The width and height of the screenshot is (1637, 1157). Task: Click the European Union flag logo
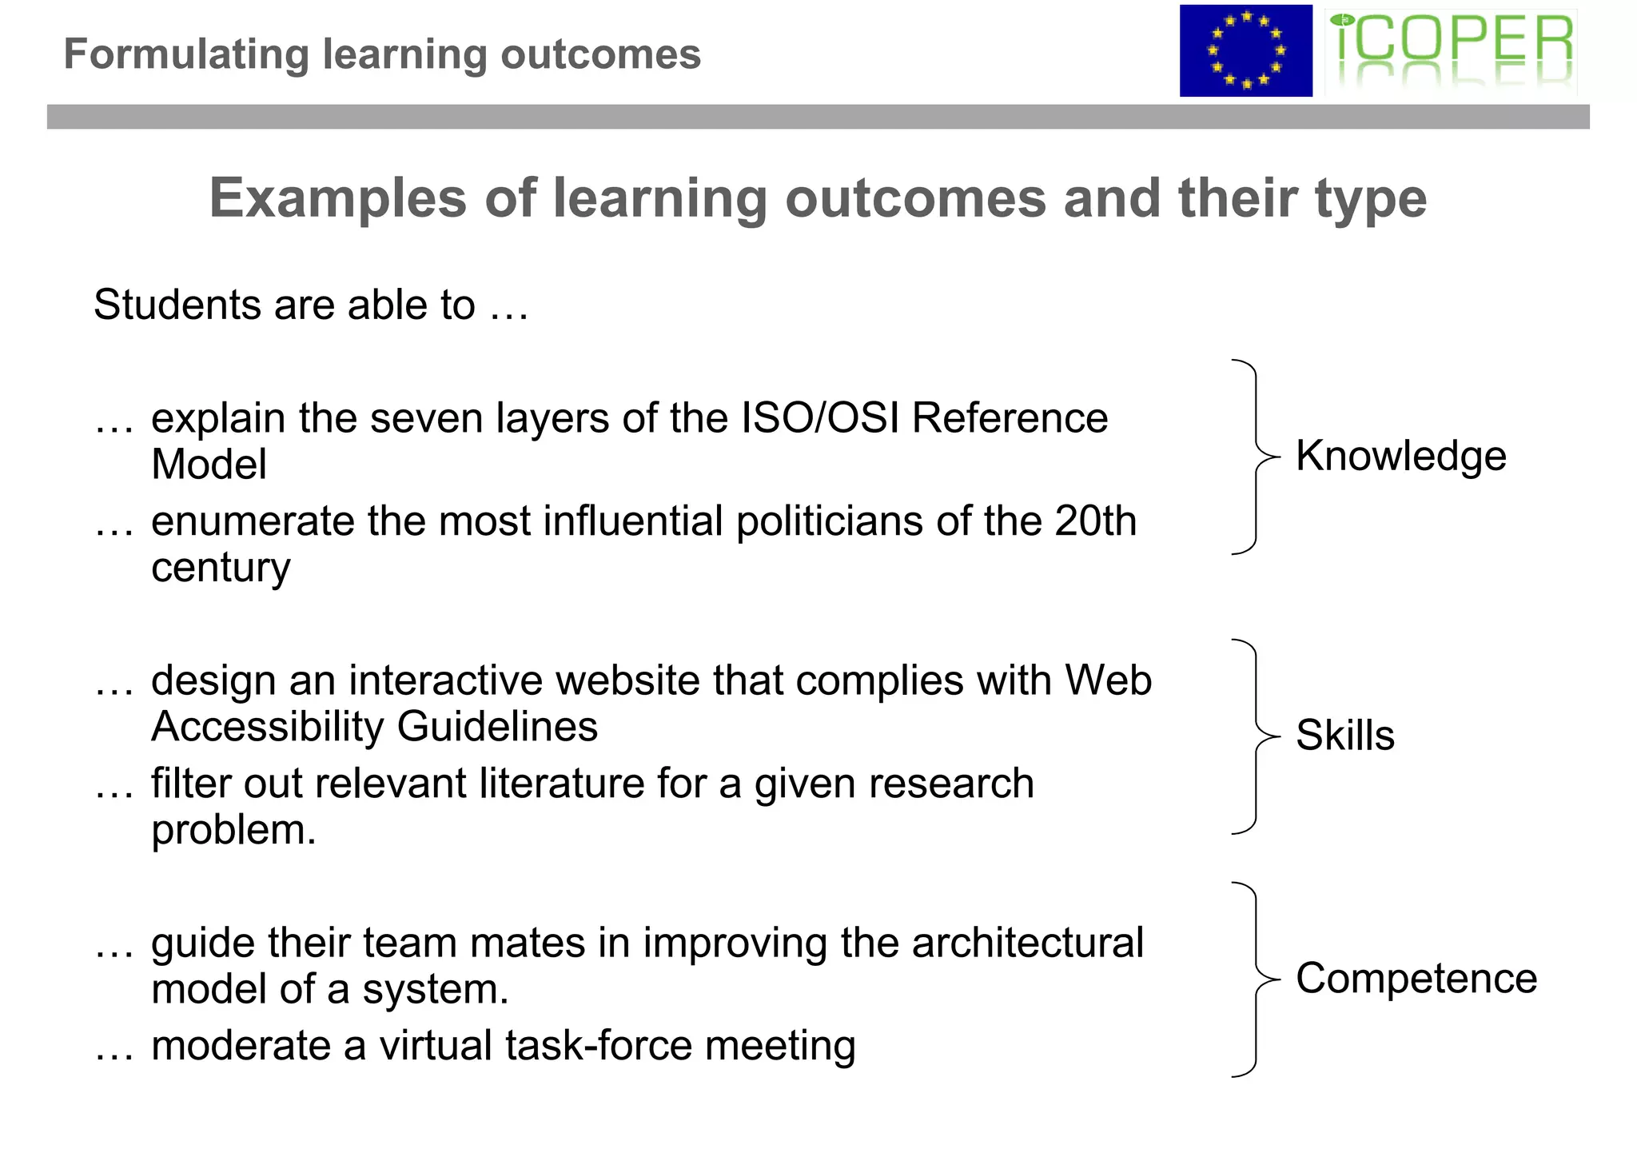point(1245,51)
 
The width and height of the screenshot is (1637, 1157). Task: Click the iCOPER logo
point(1451,51)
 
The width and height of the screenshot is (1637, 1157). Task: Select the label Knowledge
point(1400,456)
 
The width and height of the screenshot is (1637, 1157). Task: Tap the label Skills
point(1344,735)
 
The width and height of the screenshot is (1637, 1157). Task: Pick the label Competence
point(1416,978)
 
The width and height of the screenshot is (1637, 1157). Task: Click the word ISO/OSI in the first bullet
point(820,418)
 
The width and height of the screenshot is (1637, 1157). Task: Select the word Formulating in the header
point(186,54)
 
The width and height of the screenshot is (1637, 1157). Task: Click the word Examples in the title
point(337,198)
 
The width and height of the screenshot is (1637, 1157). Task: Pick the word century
point(221,569)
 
